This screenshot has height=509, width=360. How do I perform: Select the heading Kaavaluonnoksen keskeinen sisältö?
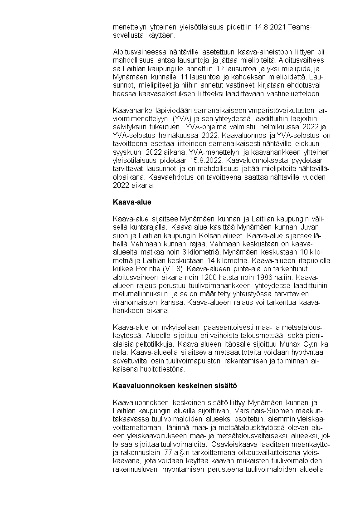point(175,386)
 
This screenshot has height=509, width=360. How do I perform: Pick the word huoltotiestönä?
point(154,369)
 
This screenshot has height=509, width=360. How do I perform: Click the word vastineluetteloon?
point(295,94)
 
